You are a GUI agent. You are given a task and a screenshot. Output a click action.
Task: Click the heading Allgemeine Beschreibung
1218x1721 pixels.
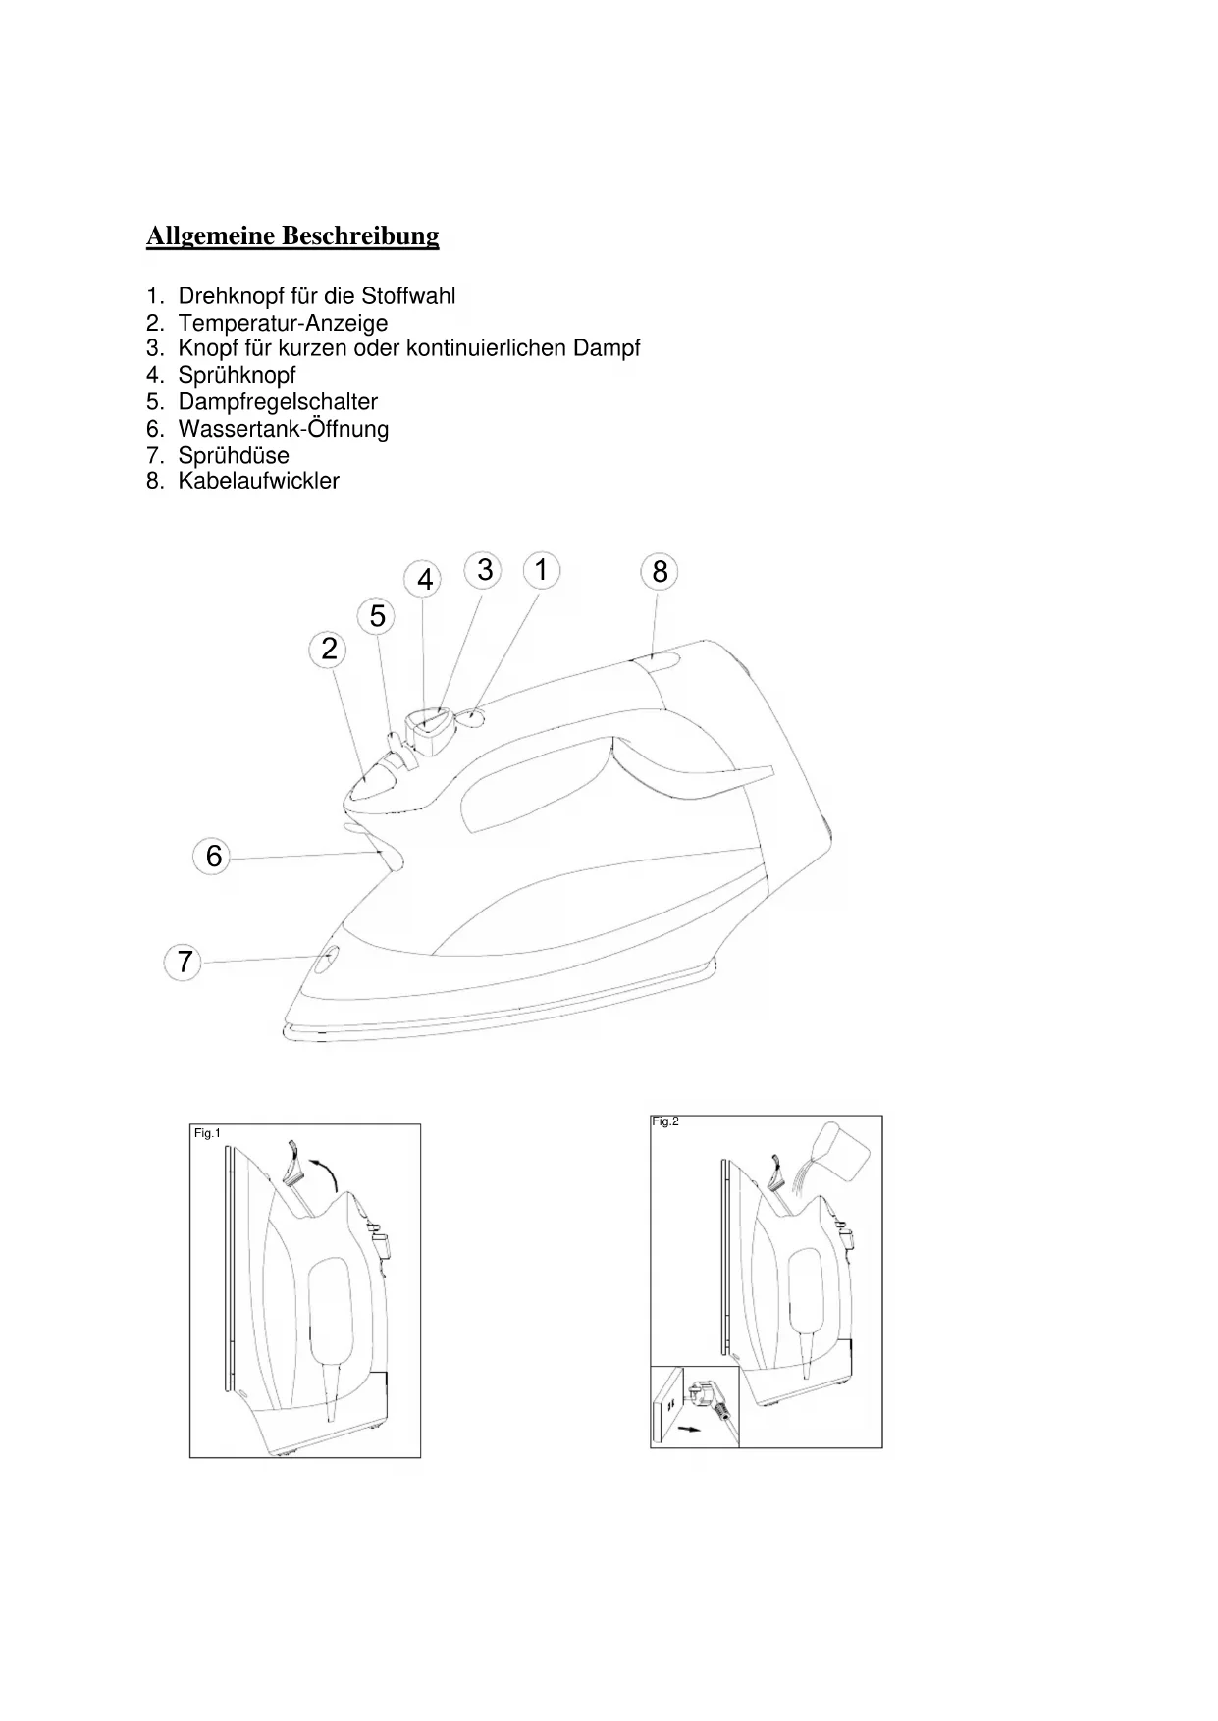[x=292, y=236]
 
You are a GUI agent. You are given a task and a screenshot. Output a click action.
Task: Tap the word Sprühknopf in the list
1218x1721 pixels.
[x=237, y=375]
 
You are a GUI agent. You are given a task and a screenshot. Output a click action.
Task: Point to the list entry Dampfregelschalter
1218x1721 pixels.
[x=278, y=402]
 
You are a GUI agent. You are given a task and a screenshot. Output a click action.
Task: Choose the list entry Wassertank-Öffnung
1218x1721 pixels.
[x=284, y=429]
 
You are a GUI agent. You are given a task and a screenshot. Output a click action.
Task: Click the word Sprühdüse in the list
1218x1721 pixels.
[x=234, y=455]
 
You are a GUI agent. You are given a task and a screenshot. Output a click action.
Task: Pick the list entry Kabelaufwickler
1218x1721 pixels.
[x=259, y=481]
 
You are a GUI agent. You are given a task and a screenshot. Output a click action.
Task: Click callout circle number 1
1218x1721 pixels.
[x=541, y=570]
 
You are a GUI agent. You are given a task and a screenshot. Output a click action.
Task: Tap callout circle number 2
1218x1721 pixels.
[x=329, y=649]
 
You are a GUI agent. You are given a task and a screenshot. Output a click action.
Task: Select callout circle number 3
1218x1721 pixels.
[x=485, y=570]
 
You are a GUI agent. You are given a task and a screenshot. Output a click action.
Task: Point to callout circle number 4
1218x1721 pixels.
[x=425, y=580]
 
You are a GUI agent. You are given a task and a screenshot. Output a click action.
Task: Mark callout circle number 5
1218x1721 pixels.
[x=378, y=617]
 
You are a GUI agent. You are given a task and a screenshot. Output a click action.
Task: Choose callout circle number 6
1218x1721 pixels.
[x=214, y=857]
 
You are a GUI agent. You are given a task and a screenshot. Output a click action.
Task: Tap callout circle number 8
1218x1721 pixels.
[x=660, y=572]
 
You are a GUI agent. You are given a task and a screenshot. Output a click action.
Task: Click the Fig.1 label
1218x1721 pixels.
[x=207, y=1133]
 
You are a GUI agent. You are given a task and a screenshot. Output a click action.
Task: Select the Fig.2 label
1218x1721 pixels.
[x=665, y=1121]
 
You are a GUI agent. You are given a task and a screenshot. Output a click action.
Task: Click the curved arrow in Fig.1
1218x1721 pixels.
[x=323, y=1170]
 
